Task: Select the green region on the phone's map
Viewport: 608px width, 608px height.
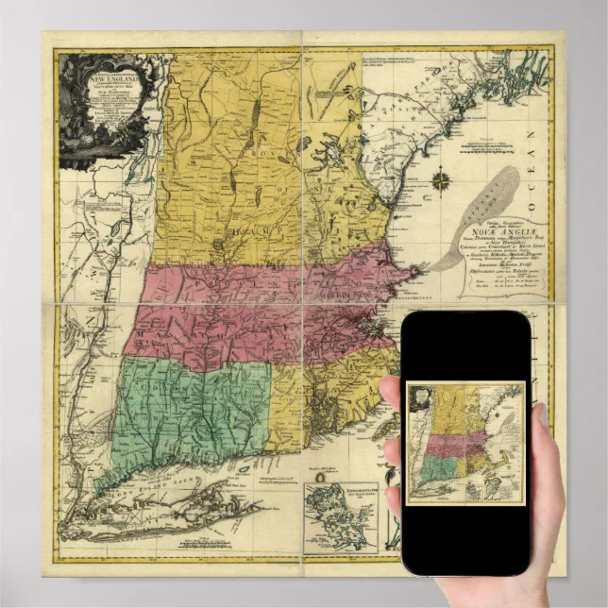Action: pos(433,468)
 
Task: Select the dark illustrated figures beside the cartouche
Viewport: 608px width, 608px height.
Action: pos(76,132)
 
